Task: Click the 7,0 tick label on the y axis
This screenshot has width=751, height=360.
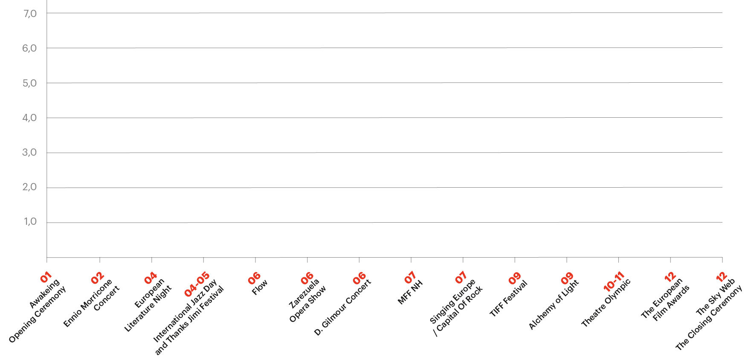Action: pos(30,14)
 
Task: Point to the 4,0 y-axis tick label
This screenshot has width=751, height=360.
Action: pos(29,118)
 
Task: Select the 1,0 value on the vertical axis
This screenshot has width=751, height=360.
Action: pos(30,222)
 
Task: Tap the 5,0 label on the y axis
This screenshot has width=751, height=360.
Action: pos(29,83)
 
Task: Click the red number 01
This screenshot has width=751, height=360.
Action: pos(46,277)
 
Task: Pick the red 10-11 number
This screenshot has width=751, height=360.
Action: pos(614,282)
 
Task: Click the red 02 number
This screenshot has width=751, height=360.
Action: pos(98,278)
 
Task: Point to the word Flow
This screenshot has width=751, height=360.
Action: pos(260,287)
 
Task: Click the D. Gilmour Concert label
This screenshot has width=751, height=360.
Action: pos(343,307)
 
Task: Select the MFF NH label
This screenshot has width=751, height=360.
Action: pos(410,292)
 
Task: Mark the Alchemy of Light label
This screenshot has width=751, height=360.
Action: pos(554,304)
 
